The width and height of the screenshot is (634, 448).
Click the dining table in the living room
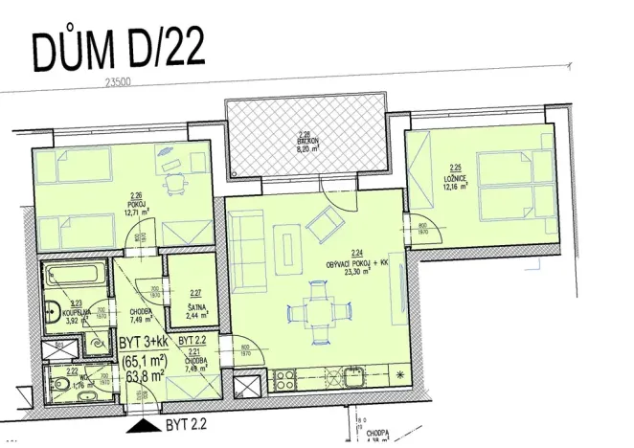317,313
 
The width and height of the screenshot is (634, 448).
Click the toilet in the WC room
60,385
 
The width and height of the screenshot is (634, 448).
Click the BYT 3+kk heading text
144,342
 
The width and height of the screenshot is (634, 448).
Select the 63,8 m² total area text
142,375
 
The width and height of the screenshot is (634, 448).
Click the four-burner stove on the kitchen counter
284,373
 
